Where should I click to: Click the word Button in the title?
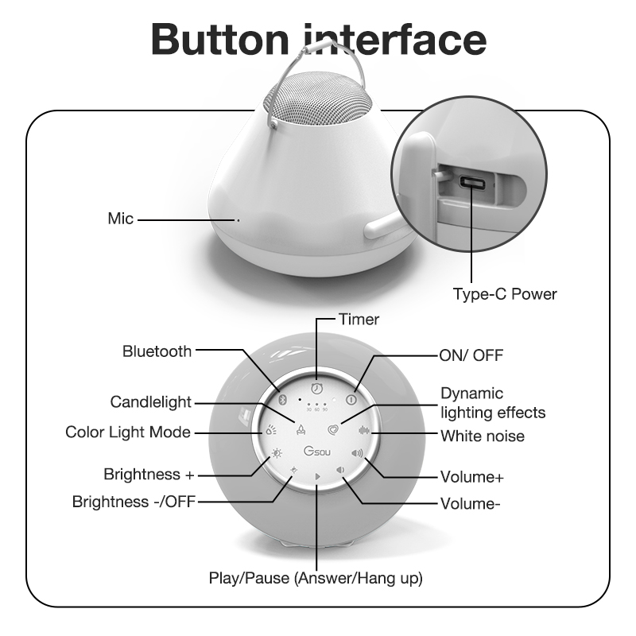(222, 37)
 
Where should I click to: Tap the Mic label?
(121, 218)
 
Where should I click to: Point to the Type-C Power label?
(505, 294)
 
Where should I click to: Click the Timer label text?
(359, 320)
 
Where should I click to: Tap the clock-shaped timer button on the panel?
(316, 388)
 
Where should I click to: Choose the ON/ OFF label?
(471, 354)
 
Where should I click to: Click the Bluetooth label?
(157, 351)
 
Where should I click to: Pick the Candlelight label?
(151, 402)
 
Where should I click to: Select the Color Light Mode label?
(128, 432)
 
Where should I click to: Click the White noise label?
(483, 436)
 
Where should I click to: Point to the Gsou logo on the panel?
(317, 452)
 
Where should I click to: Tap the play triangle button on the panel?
(317, 477)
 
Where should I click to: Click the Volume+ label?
(472, 478)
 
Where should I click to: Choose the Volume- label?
(471, 503)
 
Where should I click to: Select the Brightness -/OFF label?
(133, 502)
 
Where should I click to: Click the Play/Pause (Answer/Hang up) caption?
(316, 578)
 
